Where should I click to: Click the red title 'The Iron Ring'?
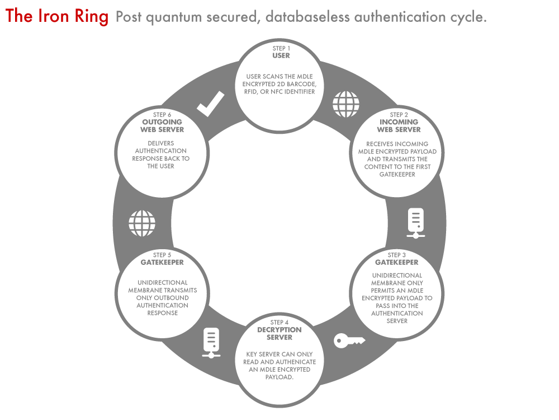[x=57, y=16]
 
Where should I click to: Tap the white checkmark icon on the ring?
[x=211, y=104]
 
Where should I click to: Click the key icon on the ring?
[x=349, y=340]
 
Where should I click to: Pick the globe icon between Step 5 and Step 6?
[x=142, y=223]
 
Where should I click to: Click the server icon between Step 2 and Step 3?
[x=416, y=222]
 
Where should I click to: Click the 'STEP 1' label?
[x=281, y=48]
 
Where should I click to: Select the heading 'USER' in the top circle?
[x=281, y=56]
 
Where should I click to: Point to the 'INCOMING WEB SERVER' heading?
[x=399, y=126]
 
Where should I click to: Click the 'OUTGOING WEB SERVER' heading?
[x=162, y=126]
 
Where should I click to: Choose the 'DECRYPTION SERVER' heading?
[x=279, y=333]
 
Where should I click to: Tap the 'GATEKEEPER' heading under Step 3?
[x=397, y=262]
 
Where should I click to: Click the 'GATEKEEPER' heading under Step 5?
[x=162, y=262]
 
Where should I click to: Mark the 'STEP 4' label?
[x=279, y=322]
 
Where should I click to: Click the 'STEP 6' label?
[x=162, y=114]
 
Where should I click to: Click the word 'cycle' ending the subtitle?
[x=468, y=17]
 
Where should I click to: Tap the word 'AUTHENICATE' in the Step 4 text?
[x=296, y=362]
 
